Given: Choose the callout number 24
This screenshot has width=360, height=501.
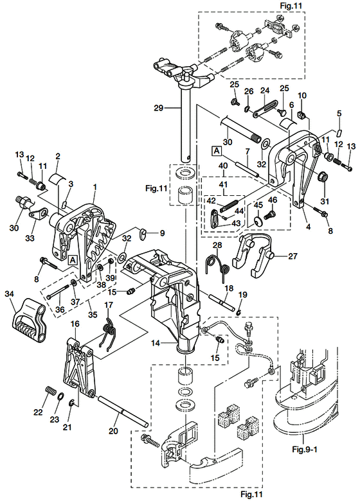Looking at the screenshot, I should tap(263, 91).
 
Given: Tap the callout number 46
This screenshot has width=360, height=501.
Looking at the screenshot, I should tap(272, 201).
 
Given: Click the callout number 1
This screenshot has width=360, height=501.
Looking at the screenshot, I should tap(94, 186).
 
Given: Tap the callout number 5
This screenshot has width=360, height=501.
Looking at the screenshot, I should tap(339, 114).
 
